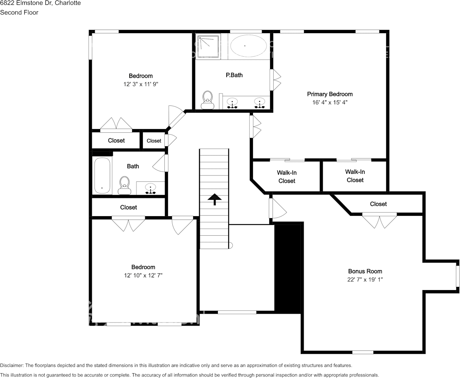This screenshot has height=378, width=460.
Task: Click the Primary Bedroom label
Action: click(330, 94)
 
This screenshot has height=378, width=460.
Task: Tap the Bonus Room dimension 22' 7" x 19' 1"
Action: click(365, 280)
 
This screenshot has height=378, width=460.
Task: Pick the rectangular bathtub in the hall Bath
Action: click(102, 176)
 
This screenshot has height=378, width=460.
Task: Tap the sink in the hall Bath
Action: click(150, 188)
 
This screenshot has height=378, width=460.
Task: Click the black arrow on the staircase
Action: click(214, 199)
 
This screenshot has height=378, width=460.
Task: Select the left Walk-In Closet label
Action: click(286, 177)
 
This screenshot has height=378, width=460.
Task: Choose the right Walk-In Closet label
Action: click(355, 176)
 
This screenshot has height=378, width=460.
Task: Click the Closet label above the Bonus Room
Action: click(378, 204)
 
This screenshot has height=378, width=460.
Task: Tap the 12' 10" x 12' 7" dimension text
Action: click(143, 275)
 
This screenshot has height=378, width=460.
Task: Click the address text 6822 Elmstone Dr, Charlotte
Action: click(40, 3)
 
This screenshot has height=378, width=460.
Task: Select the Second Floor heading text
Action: click(19, 12)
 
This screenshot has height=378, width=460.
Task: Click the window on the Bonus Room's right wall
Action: click(457, 276)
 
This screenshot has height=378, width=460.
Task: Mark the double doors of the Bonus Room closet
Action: click(379, 221)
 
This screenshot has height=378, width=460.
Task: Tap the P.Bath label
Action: click(234, 75)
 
